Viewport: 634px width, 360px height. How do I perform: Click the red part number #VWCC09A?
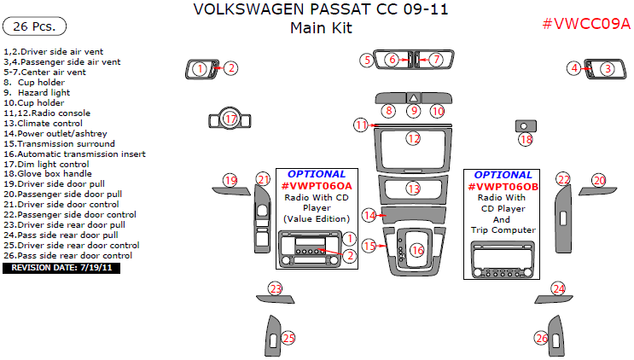tap(586, 24)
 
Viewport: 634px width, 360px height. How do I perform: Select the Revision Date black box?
tap(63, 268)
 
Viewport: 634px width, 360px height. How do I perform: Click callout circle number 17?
tap(229, 119)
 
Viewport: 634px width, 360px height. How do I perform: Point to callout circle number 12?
tap(413, 137)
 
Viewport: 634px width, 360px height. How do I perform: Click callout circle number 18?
tap(526, 139)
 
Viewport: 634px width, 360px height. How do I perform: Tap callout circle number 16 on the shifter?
tap(416, 250)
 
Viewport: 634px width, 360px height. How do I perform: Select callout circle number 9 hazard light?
tap(413, 111)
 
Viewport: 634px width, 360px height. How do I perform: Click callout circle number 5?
tap(365, 60)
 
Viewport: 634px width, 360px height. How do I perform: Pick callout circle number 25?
tap(288, 339)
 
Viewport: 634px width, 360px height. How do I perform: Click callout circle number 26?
tap(541, 339)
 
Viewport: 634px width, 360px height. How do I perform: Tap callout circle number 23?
tap(275, 289)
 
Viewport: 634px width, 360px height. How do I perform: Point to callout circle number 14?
tap(369, 215)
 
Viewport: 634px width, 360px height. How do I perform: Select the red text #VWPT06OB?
tap(503, 185)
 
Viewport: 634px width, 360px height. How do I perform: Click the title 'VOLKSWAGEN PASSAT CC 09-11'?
tap(320, 11)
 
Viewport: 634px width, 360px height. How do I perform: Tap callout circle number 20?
tap(599, 180)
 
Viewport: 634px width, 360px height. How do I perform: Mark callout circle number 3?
tap(607, 68)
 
